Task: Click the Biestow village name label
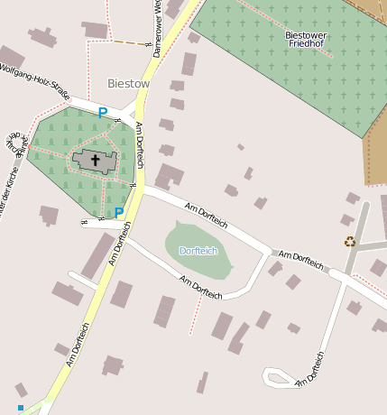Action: coord(128,83)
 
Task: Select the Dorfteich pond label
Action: coord(198,250)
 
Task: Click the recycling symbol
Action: coord(349,241)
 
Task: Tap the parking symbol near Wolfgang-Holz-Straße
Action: coord(102,113)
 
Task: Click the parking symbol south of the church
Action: coord(119,213)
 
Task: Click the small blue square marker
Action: coord(21,407)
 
